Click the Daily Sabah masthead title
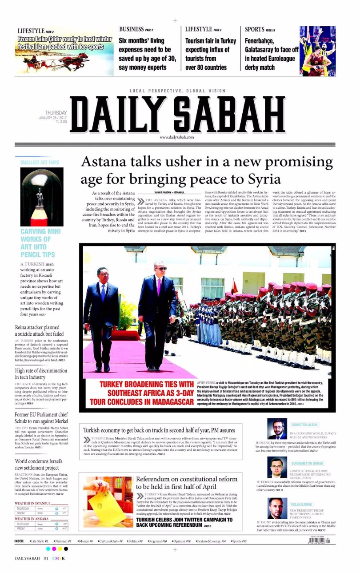tap(178, 114)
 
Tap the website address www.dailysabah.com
tap(177, 138)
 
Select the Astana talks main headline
tap(207, 170)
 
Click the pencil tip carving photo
tap(42, 197)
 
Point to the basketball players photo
tap(317, 51)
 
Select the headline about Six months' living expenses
tap(147, 54)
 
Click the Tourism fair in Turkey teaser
tap(211, 54)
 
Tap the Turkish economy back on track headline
tap(159, 430)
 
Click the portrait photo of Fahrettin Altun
tap(277, 429)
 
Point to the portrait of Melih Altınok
tap(277, 508)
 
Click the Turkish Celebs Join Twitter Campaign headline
tap(184, 522)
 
